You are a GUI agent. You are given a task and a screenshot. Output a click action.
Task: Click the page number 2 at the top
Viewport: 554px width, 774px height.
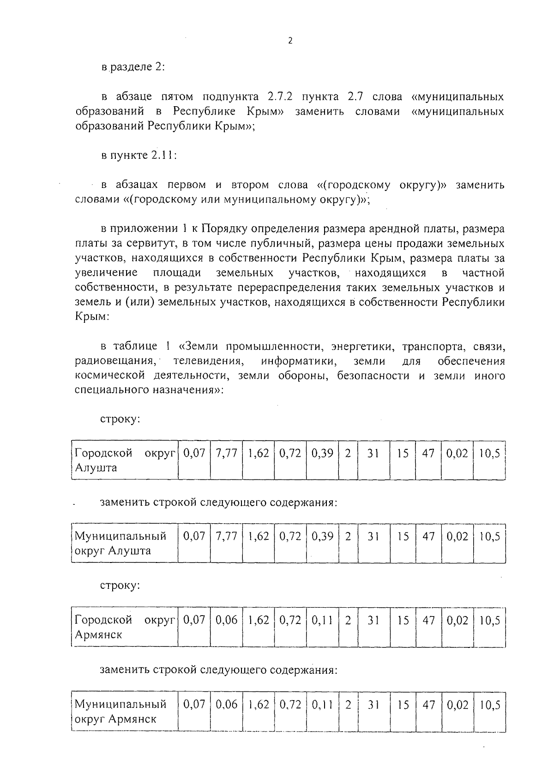(x=290, y=41)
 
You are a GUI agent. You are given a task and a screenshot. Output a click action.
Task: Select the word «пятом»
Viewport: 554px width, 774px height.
(x=176, y=97)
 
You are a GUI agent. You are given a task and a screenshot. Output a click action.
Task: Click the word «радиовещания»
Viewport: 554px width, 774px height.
(x=117, y=361)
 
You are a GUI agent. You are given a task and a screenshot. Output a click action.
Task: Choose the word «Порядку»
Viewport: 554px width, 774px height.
(x=224, y=229)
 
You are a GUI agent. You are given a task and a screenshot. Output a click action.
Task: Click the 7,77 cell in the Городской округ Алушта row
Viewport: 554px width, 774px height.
(x=226, y=454)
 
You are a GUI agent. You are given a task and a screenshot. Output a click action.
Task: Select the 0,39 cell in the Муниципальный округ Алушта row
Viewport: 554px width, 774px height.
(x=322, y=537)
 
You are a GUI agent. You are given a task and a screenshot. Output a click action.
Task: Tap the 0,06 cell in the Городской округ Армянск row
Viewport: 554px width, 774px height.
(x=226, y=621)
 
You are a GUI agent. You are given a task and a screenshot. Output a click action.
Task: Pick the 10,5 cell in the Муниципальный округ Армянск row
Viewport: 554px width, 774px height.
(x=489, y=705)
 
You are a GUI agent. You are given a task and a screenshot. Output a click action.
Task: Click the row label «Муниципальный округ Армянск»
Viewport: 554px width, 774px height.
(x=120, y=712)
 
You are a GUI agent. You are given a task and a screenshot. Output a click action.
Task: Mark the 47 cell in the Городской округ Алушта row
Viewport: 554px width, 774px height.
(x=428, y=454)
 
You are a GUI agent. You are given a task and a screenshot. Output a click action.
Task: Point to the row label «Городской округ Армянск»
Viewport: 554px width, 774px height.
(x=125, y=627)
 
